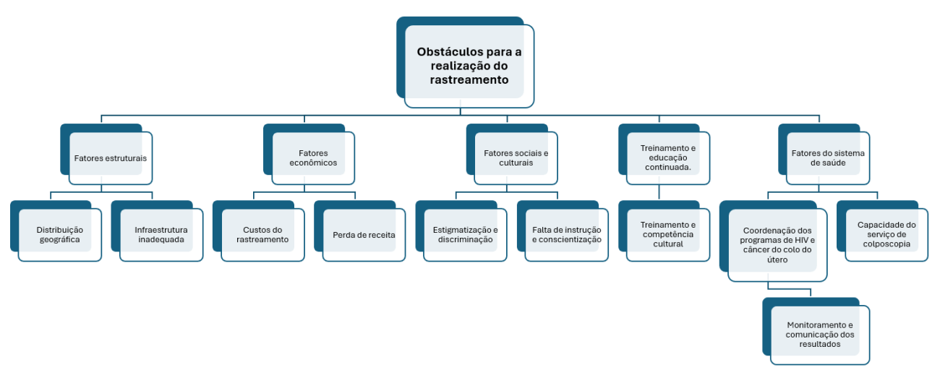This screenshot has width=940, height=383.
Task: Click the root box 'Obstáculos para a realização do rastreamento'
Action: pyautogui.click(x=469, y=66)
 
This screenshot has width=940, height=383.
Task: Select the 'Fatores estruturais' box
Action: pyautogui.click(x=111, y=158)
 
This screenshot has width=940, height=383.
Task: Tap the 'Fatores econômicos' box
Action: pyautogui.click(x=313, y=158)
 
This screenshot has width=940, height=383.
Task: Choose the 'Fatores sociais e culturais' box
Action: pyautogui.click(x=516, y=158)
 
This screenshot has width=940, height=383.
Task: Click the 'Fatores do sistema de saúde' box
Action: pyautogui.click(x=828, y=158)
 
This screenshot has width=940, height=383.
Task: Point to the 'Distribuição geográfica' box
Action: pyautogui.click(x=59, y=234)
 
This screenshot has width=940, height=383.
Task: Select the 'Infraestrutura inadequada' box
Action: pyautogui.click(x=161, y=234)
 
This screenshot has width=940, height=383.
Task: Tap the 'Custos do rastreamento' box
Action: pyautogui.click(x=262, y=234)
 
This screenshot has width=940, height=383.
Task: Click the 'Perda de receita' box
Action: pyautogui.click(x=364, y=234)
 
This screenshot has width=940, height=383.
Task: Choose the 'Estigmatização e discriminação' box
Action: pyautogui.click(x=465, y=234)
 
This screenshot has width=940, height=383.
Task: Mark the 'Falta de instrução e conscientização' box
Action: pyautogui.click(x=566, y=234)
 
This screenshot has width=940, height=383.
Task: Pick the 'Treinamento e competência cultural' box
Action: pyautogui.click(x=668, y=234)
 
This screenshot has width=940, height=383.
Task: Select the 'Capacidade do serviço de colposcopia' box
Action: pyautogui.click(x=886, y=234)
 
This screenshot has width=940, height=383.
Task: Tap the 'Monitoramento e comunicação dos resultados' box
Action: pyautogui.click(x=820, y=335)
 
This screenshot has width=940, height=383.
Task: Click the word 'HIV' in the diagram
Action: pyautogui.click(x=800, y=240)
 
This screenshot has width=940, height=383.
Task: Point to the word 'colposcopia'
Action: pyautogui.click(x=886, y=244)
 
